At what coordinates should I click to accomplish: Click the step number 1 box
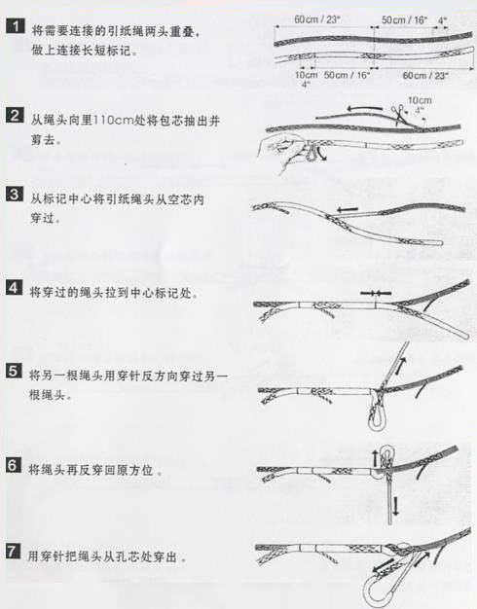click(x=16, y=26)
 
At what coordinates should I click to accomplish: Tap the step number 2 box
click(x=16, y=116)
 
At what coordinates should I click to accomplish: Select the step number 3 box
click(x=15, y=195)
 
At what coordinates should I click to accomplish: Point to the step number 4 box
click(x=15, y=288)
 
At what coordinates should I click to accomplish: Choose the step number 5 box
click(x=15, y=371)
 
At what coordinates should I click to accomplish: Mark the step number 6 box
click(x=15, y=465)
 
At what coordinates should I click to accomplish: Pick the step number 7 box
click(x=14, y=552)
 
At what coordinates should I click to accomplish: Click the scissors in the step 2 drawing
click(x=398, y=115)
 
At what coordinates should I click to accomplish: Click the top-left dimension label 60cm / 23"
click(x=316, y=19)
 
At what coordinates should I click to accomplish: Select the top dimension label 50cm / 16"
click(x=404, y=19)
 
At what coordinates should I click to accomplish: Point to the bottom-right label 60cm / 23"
click(x=425, y=75)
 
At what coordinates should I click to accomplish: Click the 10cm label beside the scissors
click(x=420, y=100)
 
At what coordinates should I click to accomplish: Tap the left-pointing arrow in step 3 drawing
click(x=348, y=210)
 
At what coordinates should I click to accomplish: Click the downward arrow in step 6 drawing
click(x=395, y=505)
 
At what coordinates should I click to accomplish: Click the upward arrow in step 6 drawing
click(x=375, y=458)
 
